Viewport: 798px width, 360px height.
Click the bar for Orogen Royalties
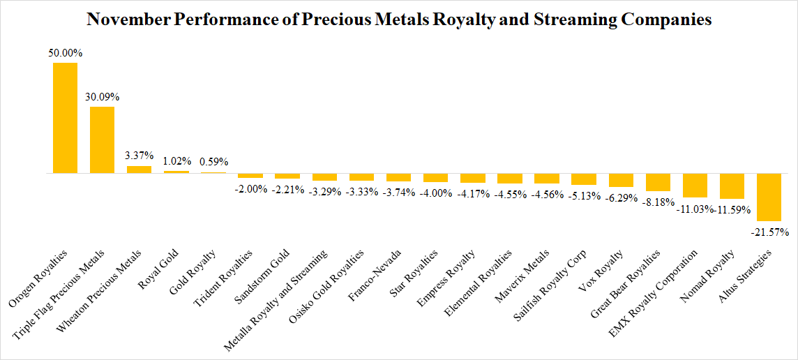(65, 118)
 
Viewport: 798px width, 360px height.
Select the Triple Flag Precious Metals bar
(102, 140)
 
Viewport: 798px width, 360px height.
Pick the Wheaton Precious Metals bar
(139, 170)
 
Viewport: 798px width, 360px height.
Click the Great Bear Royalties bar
(658, 182)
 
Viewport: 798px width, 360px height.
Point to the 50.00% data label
(65, 53)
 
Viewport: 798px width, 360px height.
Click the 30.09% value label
(102, 96)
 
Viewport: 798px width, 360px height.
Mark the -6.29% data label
(622, 197)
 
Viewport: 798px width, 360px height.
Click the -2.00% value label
(250, 188)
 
